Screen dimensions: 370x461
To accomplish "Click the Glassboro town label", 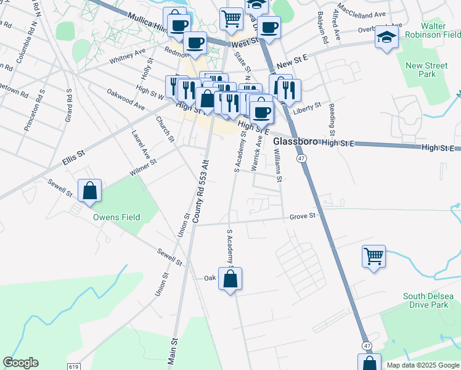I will pyautogui.click(x=295, y=142).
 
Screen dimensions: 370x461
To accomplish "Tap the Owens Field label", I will pyautogui.click(x=116, y=217).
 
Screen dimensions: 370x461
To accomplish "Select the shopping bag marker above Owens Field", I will pyautogui.click(x=90, y=191).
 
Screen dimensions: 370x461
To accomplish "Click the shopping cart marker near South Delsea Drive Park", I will pyautogui.click(x=374, y=257).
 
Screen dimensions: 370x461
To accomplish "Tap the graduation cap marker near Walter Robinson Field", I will pyautogui.click(x=386, y=39).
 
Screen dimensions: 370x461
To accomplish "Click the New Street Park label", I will pyautogui.click(x=426, y=70).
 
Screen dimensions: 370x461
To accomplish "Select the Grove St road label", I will pyautogui.click(x=303, y=216).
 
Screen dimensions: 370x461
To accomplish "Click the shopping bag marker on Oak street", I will pyautogui.click(x=230, y=279).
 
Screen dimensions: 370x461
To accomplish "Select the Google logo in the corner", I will pyautogui.click(x=20, y=363).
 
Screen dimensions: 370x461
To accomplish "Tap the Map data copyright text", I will pyautogui.click(x=423, y=365).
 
